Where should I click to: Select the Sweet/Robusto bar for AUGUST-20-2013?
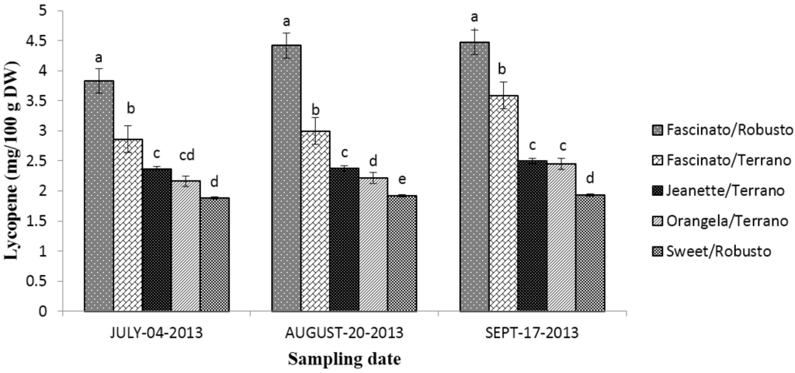click(401, 253)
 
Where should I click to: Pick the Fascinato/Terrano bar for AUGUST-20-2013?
click(314, 221)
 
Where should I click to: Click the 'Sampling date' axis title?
click(344, 359)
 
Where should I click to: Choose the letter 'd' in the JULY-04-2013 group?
click(214, 182)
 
